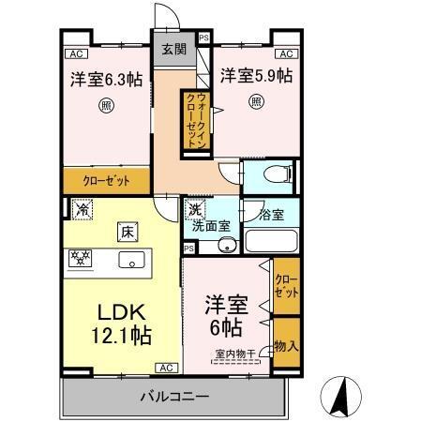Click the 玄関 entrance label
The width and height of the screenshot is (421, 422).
[173, 49]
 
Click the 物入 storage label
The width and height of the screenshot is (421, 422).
[286, 346]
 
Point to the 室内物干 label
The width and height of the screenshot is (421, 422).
[233, 353]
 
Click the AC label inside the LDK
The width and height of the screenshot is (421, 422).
[166, 367]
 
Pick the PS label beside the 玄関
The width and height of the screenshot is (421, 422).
[203, 40]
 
